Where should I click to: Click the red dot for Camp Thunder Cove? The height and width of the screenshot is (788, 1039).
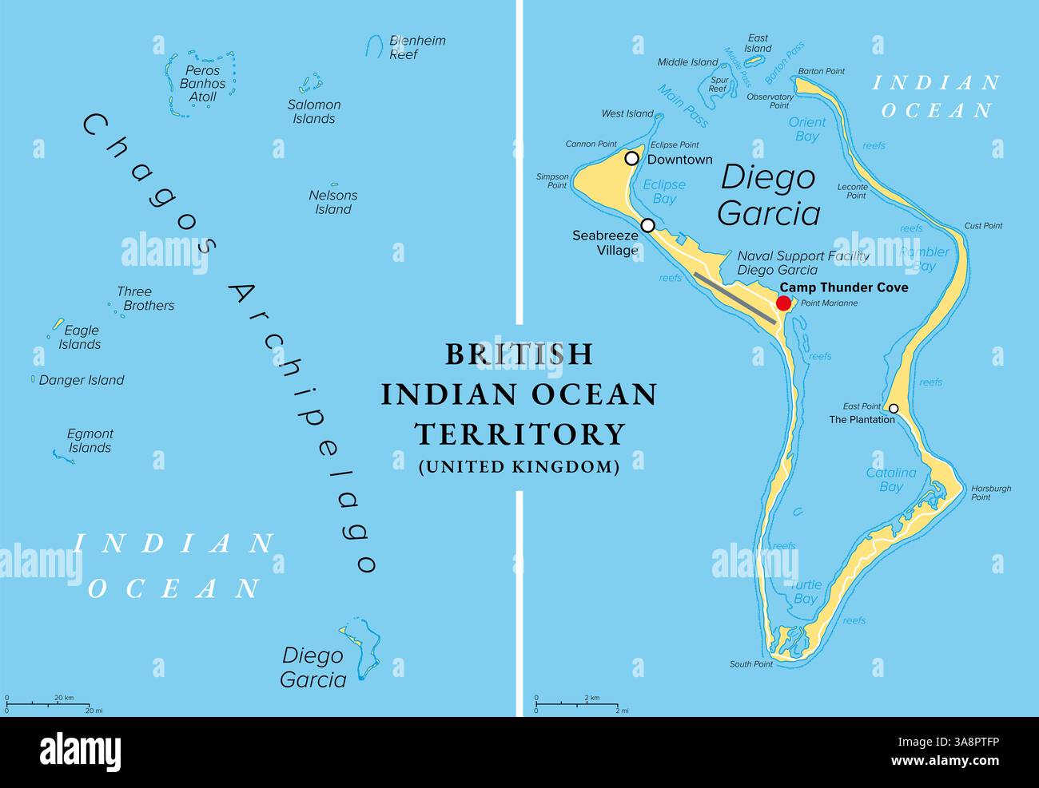[783, 303]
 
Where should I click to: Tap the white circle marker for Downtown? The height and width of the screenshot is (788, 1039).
[631, 158]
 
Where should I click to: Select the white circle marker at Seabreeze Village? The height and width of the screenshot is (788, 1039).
[647, 225]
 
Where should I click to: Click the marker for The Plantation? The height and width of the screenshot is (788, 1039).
[894, 409]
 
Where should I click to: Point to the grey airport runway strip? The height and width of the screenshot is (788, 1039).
[734, 298]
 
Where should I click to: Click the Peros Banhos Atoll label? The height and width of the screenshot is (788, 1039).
[202, 84]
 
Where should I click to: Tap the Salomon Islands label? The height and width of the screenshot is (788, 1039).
[314, 112]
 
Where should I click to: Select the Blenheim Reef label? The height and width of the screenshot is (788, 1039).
[416, 48]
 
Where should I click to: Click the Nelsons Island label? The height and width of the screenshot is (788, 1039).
[333, 202]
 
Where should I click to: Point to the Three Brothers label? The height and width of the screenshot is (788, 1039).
[145, 299]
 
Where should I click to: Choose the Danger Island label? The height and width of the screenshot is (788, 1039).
[82, 381]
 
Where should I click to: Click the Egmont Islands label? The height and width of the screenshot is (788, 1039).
[90, 441]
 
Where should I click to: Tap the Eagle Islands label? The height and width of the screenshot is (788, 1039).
[81, 338]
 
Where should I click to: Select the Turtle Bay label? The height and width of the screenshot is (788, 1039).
[805, 592]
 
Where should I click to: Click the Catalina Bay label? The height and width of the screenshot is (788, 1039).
[891, 480]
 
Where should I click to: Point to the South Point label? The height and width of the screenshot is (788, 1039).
[750, 664]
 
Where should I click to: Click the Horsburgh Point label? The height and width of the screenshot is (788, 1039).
[991, 493]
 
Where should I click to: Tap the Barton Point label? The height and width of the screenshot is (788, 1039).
[822, 72]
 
